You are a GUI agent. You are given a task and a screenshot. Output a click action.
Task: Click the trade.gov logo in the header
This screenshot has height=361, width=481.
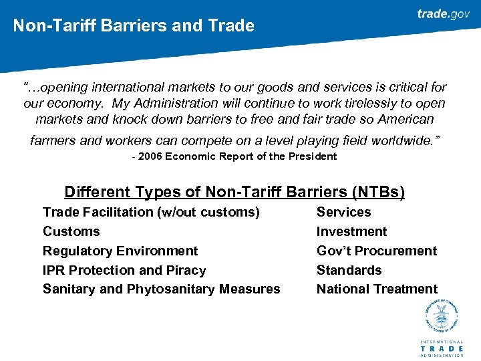coord(443,14)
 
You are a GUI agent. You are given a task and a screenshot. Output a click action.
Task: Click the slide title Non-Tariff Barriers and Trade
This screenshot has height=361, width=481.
coord(134,26)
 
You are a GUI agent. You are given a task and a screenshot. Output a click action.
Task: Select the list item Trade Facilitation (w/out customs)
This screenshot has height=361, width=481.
coord(151,212)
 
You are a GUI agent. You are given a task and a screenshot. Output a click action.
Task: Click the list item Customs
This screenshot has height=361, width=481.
coord(71,231)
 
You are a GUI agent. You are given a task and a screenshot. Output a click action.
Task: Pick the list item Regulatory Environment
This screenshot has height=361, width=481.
coord(120,251)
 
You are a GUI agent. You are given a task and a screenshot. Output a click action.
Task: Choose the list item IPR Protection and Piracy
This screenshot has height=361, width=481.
coord(124,270)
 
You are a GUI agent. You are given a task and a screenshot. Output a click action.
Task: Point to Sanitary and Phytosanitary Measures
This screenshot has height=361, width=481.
coord(161,289)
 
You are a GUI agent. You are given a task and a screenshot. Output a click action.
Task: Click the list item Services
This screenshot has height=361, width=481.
coord(343,212)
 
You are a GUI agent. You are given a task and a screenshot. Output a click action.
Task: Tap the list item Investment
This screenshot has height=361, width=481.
coord(351,231)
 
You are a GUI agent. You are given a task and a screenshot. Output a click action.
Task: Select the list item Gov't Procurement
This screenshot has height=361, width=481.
coord(376,251)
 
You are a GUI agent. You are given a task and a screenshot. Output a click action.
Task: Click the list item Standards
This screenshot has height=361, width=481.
coord(349,270)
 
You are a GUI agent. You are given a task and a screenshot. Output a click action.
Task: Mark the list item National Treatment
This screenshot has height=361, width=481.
coord(377,289)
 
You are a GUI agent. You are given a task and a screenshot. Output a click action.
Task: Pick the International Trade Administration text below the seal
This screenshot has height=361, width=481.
coord(441,348)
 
